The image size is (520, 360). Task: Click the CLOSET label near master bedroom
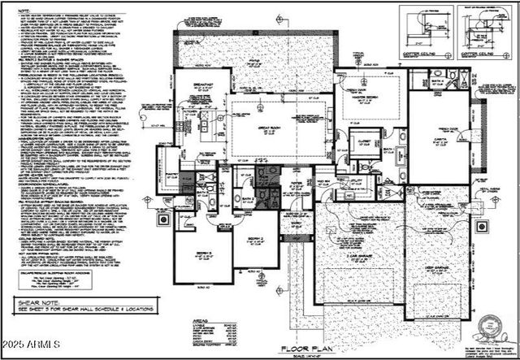(364, 141)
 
